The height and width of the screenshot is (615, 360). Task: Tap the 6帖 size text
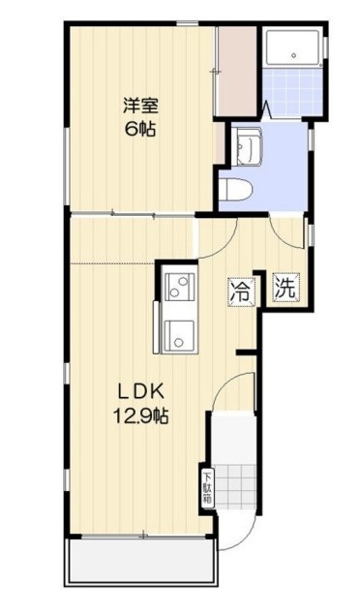coord(139,129)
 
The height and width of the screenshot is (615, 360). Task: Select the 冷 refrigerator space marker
coord(241,290)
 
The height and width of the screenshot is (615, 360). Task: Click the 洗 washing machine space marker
coord(285,288)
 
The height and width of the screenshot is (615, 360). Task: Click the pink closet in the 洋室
coord(235,73)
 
